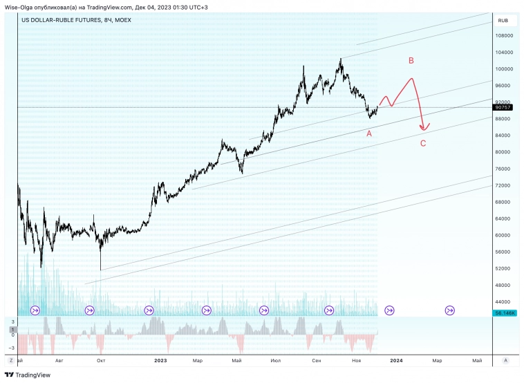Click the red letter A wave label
click(x=369, y=133)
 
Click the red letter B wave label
click(x=411, y=61)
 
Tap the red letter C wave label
click(x=423, y=144)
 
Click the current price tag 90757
click(x=503, y=107)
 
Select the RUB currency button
click(x=503, y=21)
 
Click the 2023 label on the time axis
click(x=160, y=360)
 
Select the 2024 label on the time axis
click(x=396, y=360)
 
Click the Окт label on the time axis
click(x=101, y=360)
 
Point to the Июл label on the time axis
click(x=276, y=360)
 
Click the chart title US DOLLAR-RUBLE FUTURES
click(x=62, y=20)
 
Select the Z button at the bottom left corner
click(x=10, y=360)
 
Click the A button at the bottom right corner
click(x=506, y=360)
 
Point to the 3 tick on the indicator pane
click(x=12, y=321)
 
